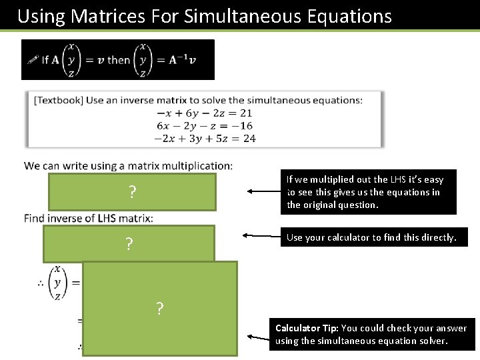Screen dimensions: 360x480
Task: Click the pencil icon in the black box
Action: point(31,59)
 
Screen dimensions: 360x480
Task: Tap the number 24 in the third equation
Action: point(249,139)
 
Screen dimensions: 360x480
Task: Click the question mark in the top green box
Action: point(132,193)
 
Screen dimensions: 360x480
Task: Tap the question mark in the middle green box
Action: point(129,244)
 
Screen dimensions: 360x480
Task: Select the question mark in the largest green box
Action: point(160,309)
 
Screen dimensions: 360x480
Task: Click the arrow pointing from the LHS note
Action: point(265,192)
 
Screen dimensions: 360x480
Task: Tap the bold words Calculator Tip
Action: point(306,328)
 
